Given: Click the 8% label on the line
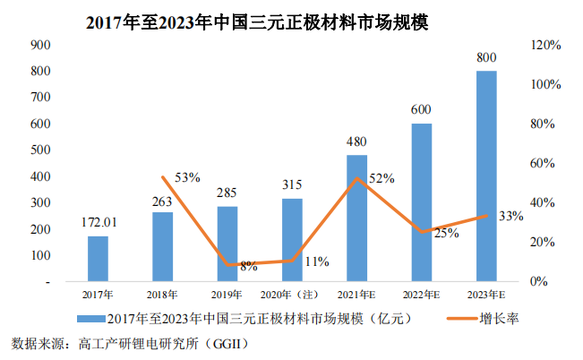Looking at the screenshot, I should click(x=248, y=266).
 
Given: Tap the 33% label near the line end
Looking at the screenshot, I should click(x=510, y=216).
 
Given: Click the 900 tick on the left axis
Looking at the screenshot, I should click(x=39, y=45).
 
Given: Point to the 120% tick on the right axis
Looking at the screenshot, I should click(x=545, y=45).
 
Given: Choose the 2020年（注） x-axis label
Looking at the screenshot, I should click(x=291, y=294).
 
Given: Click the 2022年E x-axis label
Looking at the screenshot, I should click(x=421, y=294).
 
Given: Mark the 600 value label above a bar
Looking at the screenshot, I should click(x=422, y=109).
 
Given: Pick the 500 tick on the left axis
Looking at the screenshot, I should click(x=39, y=150).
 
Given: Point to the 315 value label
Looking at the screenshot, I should click(x=292, y=184).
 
